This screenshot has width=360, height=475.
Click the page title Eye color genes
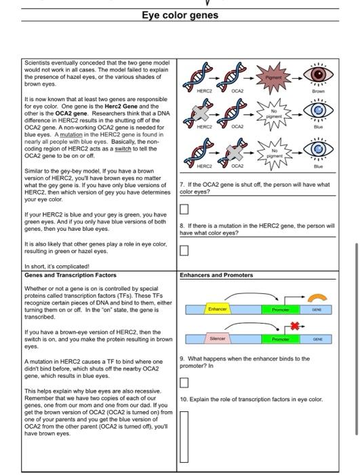[180, 15]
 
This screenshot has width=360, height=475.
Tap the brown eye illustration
[318, 74]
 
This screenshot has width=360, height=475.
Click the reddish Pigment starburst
[273, 78]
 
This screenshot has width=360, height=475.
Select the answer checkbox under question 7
[184, 209]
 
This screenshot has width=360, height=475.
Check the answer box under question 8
[184, 250]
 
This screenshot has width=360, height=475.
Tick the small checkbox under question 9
[184, 383]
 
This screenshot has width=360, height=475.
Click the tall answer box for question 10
[184, 436]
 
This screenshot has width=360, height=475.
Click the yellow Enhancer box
[218, 309]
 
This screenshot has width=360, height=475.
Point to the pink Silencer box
[218, 339]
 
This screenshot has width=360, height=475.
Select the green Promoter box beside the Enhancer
[281, 309]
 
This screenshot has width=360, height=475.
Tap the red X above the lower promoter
[295, 326]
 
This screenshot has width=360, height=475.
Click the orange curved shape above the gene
[317, 298]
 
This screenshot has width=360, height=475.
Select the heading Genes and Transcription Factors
[71, 275]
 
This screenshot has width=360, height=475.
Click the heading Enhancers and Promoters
[216, 275]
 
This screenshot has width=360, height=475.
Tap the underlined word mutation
[71, 134]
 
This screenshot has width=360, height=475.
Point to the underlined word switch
[123, 149]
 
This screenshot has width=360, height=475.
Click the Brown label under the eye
[318, 91]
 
